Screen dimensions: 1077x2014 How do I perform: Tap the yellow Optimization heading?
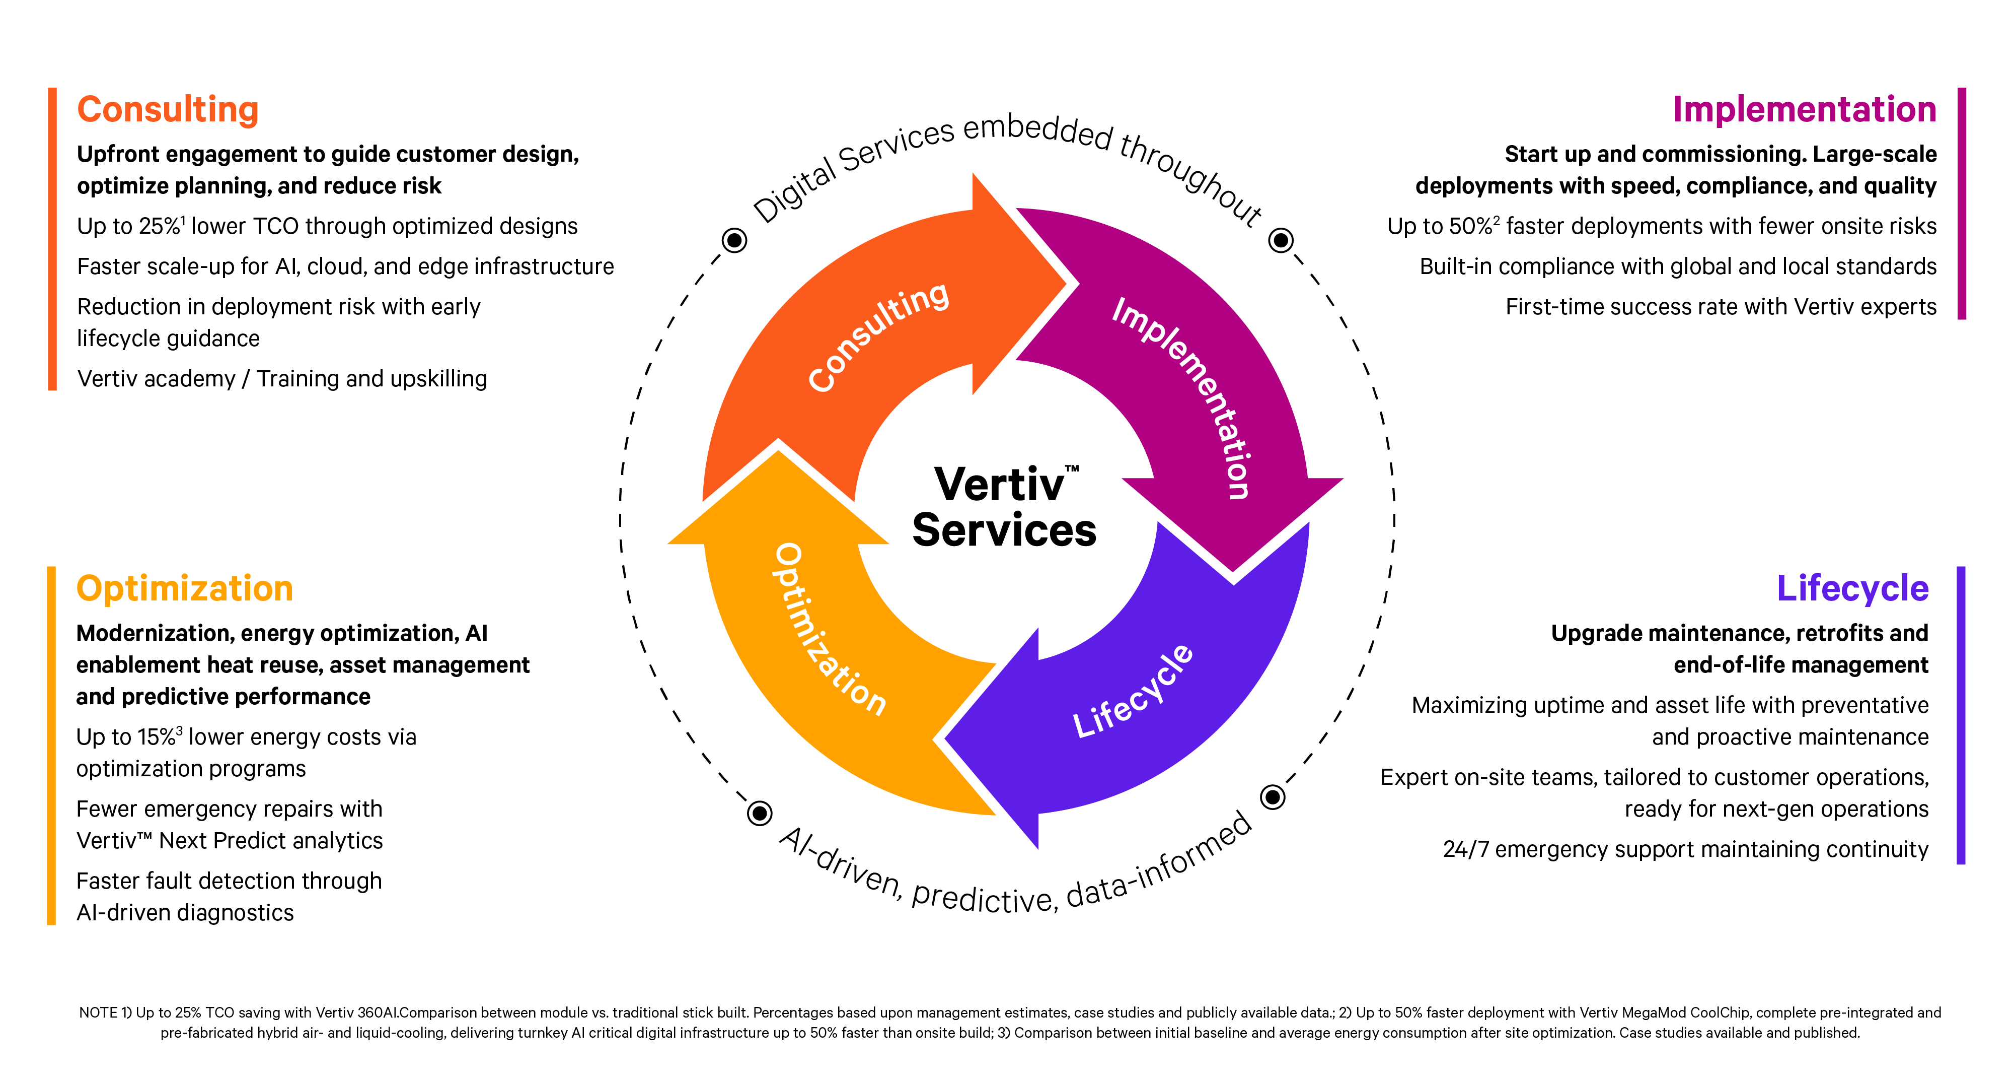coord(185,589)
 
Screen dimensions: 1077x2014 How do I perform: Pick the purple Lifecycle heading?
coord(1852,589)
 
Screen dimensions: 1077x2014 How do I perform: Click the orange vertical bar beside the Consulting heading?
coord(52,239)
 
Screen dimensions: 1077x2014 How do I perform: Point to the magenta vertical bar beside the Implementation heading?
coord(1962,204)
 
